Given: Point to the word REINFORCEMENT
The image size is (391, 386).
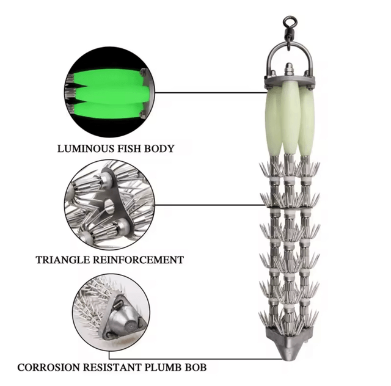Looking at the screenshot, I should coord(137,260).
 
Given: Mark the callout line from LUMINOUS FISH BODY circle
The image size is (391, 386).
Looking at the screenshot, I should coord(208,93).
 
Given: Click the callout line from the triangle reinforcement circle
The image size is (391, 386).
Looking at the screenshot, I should coord(208,205).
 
